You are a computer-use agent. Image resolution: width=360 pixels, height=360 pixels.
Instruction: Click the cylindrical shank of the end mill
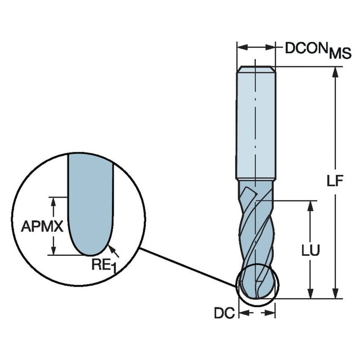256,124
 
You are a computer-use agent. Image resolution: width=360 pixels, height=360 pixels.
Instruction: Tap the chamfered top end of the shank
256,69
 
